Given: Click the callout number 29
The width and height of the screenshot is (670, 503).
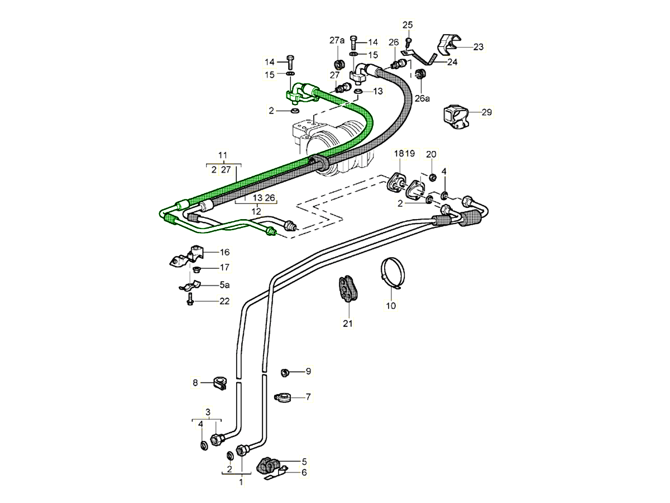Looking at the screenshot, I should coord(486,112).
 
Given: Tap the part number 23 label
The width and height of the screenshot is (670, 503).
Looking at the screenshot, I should coord(478,47).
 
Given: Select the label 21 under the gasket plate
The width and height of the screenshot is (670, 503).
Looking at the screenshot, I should coord(348,323).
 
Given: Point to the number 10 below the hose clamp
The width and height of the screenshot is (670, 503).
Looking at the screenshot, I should coord(391,306).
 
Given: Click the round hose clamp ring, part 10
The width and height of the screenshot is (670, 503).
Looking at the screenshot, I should coord(393,273).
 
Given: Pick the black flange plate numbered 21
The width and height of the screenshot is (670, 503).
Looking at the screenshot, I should coord(348,289).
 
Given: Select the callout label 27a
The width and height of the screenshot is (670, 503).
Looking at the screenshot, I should coord(337,40).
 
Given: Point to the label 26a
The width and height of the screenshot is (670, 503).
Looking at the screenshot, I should coord(423,98).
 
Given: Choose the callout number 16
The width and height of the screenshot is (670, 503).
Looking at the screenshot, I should coord(224,252).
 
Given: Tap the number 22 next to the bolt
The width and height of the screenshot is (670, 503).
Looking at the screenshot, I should coord(224,301).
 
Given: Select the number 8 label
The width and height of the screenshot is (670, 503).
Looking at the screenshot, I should coord(195,383).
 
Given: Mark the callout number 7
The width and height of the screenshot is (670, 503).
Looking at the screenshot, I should coord(308,397).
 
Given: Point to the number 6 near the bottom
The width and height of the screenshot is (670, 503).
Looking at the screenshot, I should coord(304,473).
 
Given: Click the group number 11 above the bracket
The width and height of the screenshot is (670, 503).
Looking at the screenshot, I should coord(223,155).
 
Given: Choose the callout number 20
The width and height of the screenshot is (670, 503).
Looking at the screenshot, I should coord(431,154).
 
